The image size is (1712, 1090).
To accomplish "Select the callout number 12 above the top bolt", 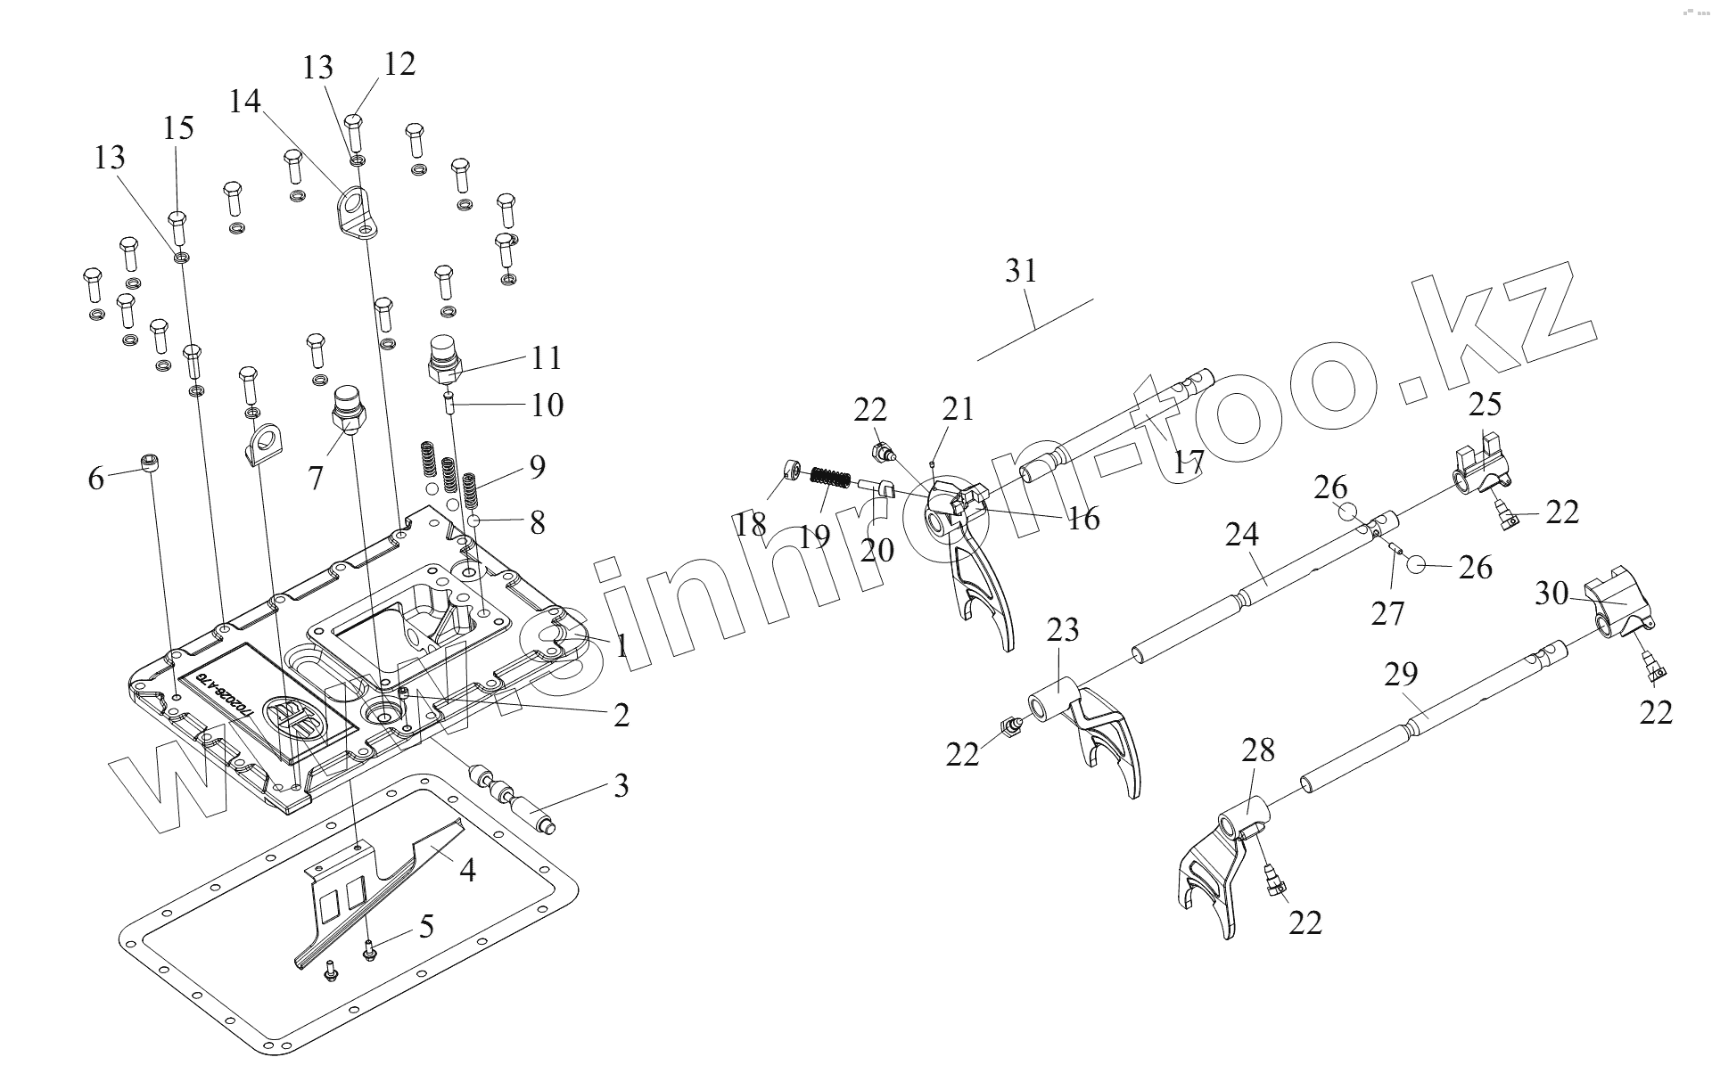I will [399, 65].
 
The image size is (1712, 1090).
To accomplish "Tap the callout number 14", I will [244, 102].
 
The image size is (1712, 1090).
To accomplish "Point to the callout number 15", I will [178, 128].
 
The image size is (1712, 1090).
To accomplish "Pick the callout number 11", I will [547, 358].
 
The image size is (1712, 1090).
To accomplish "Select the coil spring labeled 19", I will [828, 479].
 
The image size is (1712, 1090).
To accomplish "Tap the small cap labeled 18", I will [789, 469].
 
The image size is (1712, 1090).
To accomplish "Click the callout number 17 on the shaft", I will [1189, 462].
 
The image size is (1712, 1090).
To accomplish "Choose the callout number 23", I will [1063, 631].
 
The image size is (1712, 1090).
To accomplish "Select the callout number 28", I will [1257, 750].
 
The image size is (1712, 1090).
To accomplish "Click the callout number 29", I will [1401, 674].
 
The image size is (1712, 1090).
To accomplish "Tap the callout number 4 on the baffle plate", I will [466, 870].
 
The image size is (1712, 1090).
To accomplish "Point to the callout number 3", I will [621, 786].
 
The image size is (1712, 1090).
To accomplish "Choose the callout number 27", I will [1387, 613].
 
